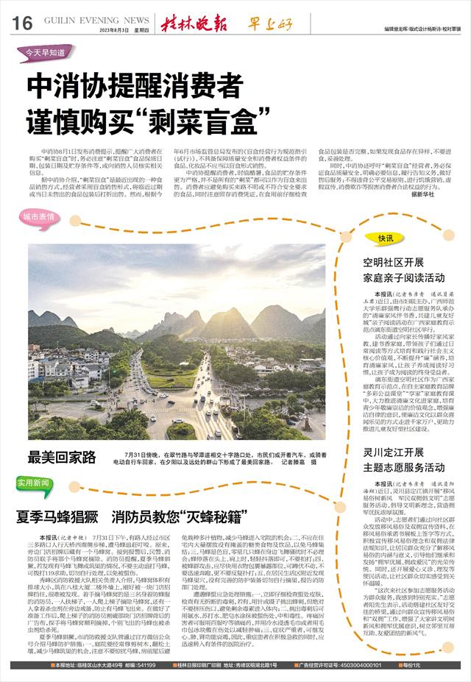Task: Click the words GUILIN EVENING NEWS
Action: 97,21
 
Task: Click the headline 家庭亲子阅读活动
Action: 403,278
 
